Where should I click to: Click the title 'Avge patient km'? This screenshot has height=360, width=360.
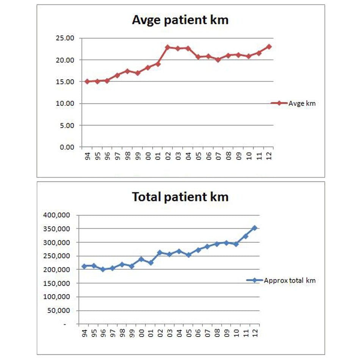click(180, 20)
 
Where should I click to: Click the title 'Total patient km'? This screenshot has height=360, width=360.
click(180, 197)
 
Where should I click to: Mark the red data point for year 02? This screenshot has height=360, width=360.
click(167, 47)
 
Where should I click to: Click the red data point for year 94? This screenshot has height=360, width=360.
click(87, 81)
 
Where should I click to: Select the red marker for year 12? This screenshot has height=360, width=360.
click(269, 47)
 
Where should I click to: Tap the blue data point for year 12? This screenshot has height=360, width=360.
click(255, 228)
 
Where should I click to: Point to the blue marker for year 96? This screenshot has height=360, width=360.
click(103, 269)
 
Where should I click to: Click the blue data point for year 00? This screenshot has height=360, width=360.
click(141, 259)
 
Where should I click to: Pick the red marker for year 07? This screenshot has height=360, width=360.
click(218, 59)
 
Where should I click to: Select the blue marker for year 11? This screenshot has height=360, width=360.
click(245, 236)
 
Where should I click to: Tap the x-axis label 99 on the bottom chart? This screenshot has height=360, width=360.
click(131, 333)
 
